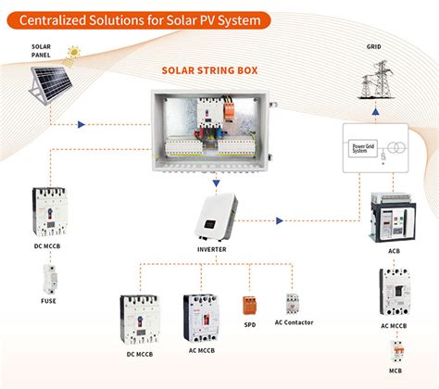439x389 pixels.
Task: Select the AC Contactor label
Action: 295,322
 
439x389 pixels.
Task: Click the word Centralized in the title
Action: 51,19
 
